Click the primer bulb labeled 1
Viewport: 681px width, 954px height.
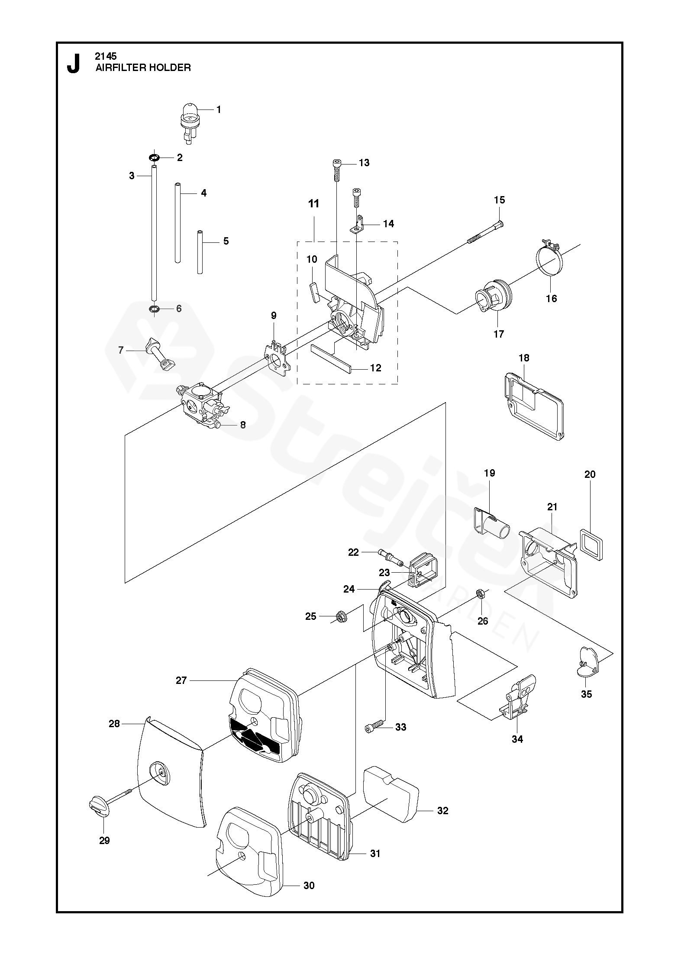(x=190, y=117)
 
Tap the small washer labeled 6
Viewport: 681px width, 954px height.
(x=154, y=309)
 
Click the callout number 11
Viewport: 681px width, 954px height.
(x=313, y=203)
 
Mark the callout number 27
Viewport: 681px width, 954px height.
(x=181, y=680)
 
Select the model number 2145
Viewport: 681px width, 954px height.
(x=106, y=56)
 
